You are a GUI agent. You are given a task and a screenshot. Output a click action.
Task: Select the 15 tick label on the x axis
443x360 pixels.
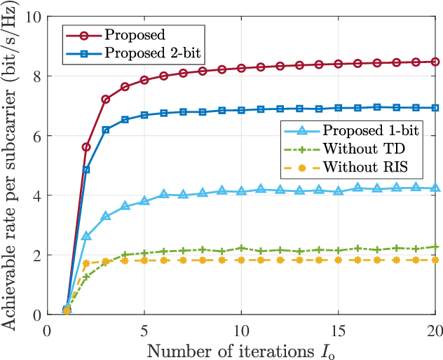[338, 329]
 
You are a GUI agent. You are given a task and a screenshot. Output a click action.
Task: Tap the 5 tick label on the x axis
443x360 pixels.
[144, 329]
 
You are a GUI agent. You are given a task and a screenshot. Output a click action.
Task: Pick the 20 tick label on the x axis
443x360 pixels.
[435, 329]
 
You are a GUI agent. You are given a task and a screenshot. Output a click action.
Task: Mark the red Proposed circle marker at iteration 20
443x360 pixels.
[435, 62]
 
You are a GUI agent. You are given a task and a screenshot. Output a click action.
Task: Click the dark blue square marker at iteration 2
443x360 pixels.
[86, 169]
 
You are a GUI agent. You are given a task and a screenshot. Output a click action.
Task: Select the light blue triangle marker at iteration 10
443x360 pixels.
[241, 191]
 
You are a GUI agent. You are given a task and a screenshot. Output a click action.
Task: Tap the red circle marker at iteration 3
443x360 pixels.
[106, 99]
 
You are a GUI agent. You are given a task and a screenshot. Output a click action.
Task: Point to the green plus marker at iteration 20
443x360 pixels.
[435, 247]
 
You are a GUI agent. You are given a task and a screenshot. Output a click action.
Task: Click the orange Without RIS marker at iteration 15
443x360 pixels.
[338, 260]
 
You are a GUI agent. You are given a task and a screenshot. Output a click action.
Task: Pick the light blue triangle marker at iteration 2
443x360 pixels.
[86, 237]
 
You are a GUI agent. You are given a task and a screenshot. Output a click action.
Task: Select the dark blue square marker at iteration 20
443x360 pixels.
[435, 108]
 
